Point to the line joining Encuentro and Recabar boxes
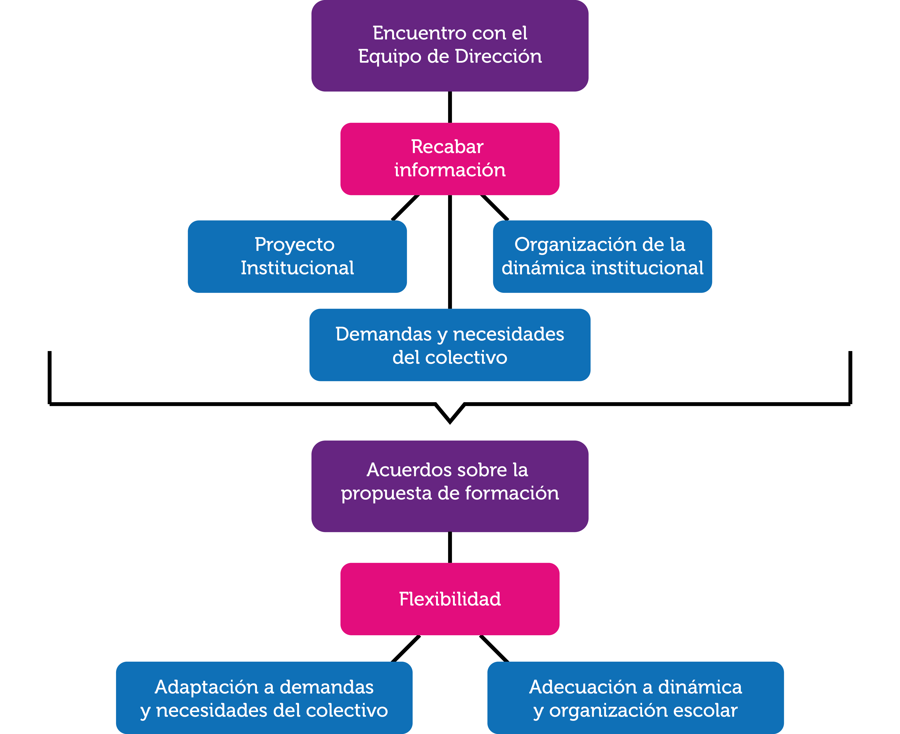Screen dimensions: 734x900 click(450, 107)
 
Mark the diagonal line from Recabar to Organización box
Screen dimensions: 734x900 click(495, 208)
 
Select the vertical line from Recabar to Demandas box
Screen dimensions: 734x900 click(450, 252)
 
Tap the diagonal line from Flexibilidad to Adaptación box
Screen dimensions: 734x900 click(406, 649)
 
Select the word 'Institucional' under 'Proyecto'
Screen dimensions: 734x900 click(297, 268)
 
